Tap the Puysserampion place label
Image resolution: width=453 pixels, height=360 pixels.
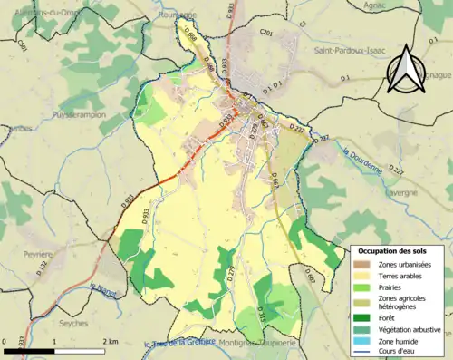tap(79, 116)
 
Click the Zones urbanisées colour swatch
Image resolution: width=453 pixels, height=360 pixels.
tap(365, 264)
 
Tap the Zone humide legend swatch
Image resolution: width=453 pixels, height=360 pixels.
tap(365, 340)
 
